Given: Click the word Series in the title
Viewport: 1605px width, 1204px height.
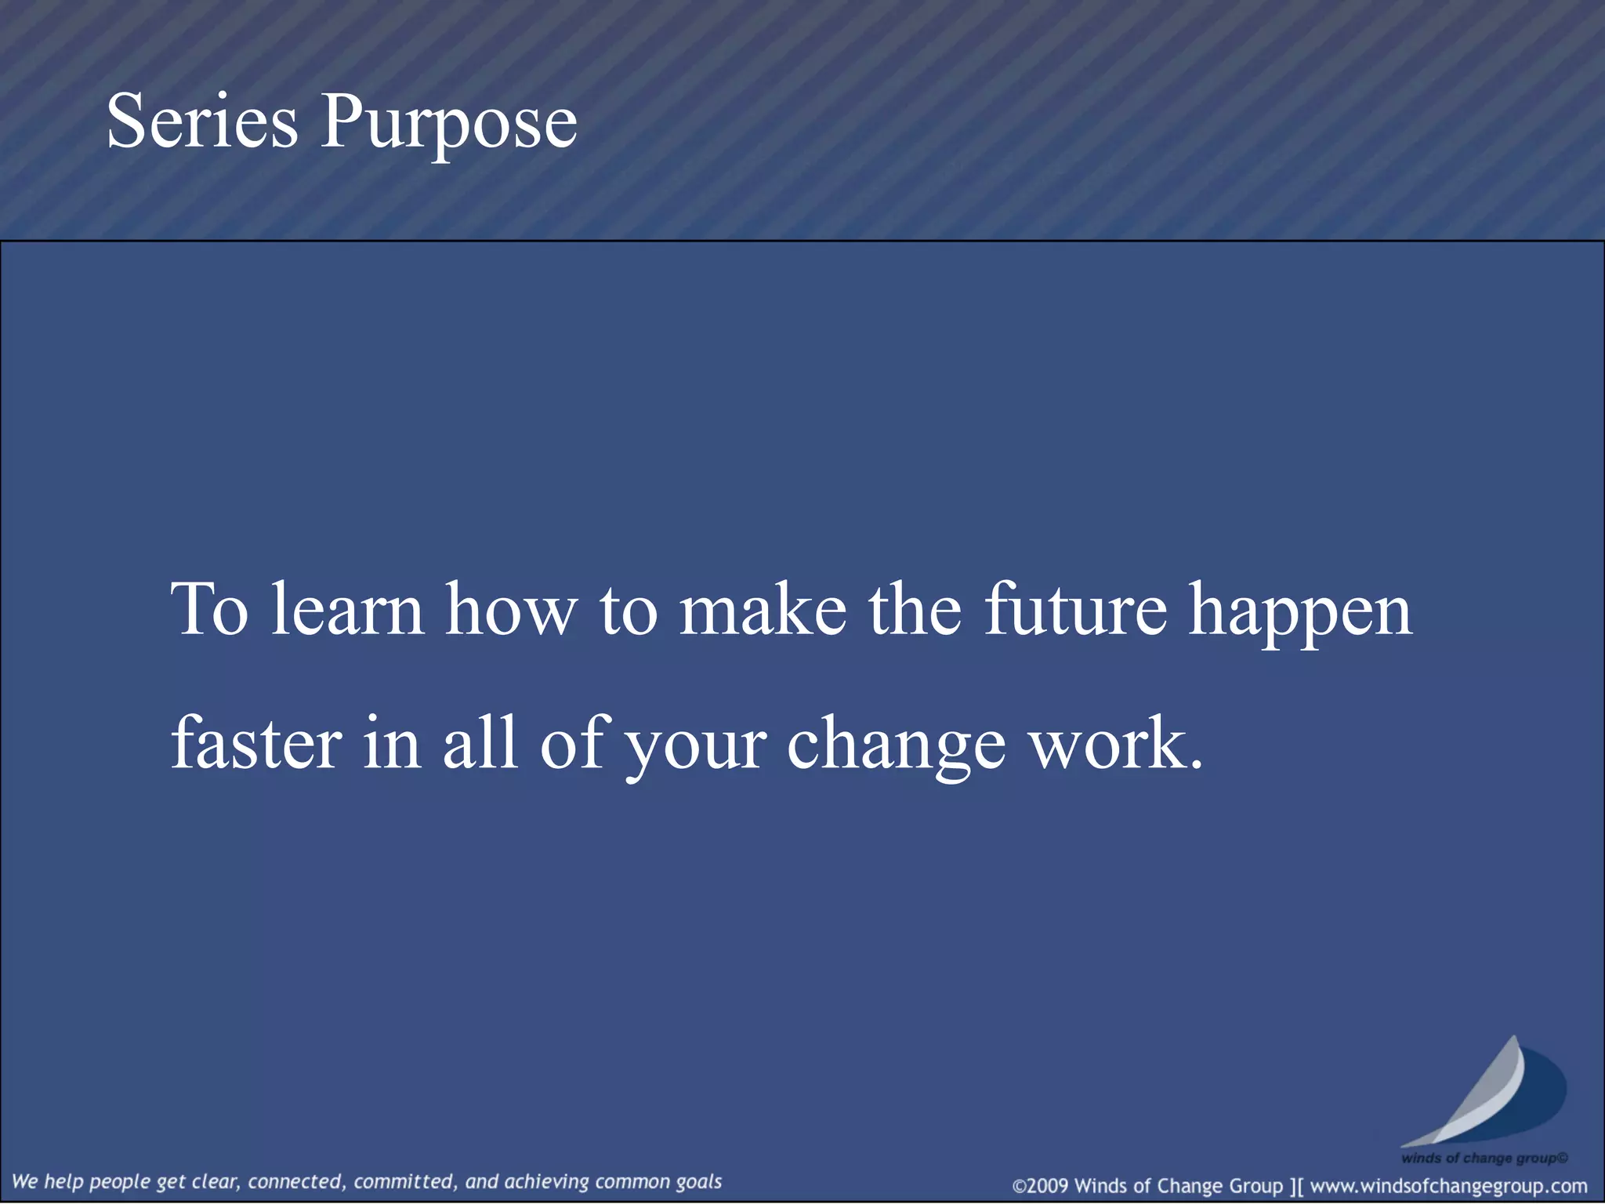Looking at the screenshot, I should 202,121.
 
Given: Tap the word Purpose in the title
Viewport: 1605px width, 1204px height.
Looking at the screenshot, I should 448,124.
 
